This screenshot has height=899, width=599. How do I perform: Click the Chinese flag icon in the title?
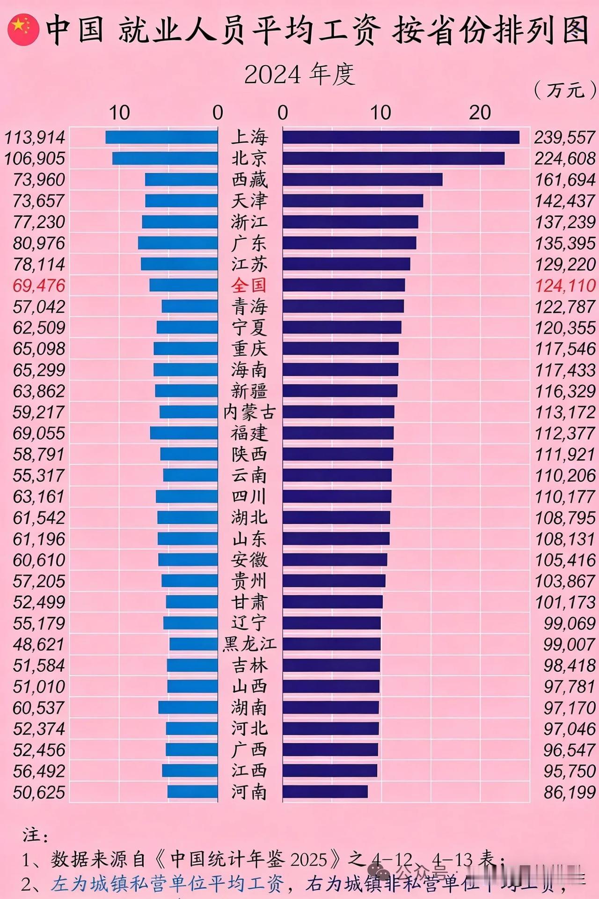[x=23, y=29]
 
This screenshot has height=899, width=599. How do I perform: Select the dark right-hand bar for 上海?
[x=401, y=137]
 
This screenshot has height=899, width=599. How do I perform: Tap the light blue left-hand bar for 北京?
[x=165, y=158]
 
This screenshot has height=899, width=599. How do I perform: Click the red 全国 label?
[x=249, y=285]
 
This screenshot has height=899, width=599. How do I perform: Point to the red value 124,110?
[x=565, y=285]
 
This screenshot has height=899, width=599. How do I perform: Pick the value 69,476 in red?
[x=39, y=285]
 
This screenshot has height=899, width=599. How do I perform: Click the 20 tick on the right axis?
[x=480, y=113]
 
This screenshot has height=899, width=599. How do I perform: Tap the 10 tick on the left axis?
[x=119, y=113]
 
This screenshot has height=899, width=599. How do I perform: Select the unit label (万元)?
[x=565, y=88]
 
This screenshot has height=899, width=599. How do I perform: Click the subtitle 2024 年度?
[x=299, y=74]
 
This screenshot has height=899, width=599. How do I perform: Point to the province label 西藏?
[x=249, y=179]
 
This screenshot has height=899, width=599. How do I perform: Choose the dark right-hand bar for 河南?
[x=325, y=792]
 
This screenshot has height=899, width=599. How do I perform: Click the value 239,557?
[x=565, y=137]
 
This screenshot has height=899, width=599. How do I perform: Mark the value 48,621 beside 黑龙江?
[x=39, y=644]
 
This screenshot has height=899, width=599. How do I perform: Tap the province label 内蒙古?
[x=249, y=412]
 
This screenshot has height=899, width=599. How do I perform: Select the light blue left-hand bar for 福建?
[x=184, y=433]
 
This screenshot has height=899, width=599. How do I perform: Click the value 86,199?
[x=569, y=792]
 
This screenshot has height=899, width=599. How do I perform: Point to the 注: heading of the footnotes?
[x=36, y=835]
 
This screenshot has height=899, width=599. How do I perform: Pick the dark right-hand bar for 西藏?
[x=362, y=179]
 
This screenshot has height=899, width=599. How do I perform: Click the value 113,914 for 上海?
[x=35, y=137]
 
